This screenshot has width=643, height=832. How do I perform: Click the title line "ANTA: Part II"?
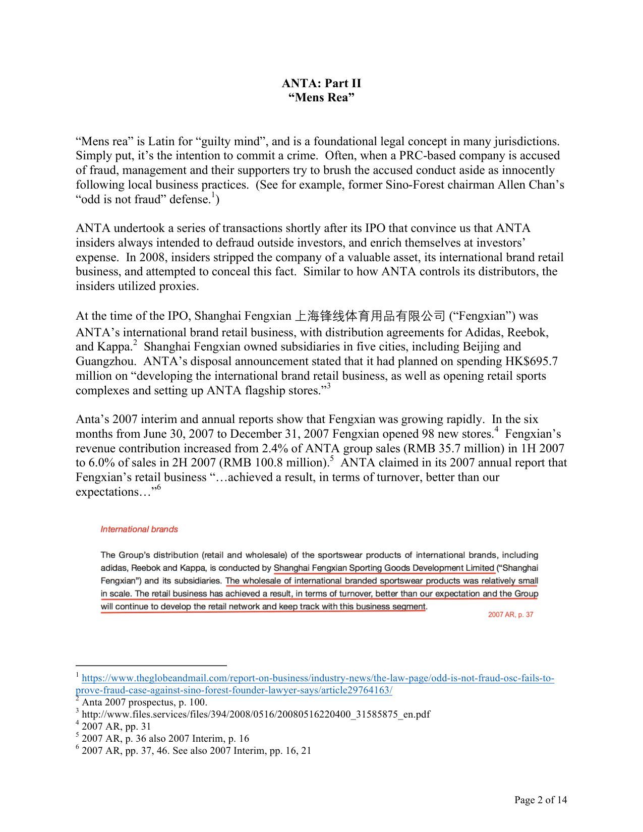321,83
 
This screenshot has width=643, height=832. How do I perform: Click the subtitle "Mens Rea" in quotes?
321,97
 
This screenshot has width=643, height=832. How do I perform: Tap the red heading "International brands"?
139,529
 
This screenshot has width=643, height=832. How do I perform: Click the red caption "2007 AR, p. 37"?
510,615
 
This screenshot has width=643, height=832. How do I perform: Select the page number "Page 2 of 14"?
541,800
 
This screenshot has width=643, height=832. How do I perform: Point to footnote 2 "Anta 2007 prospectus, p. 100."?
144,702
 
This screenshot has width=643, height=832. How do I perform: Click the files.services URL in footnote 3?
256,714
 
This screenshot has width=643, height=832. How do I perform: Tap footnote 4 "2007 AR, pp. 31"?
116,726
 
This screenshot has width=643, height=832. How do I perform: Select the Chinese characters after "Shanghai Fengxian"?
370,316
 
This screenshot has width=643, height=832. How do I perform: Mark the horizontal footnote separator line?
151,665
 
